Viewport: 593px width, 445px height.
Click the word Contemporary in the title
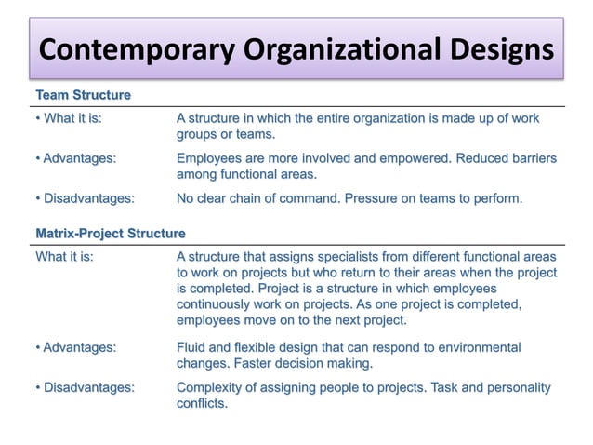coord(129,48)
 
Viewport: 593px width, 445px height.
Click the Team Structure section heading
coord(83,95)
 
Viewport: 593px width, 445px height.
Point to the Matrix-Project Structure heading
coord(110,233)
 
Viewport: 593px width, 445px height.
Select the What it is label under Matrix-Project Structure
coord(64,256)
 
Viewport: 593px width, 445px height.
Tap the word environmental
coord(478,347)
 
